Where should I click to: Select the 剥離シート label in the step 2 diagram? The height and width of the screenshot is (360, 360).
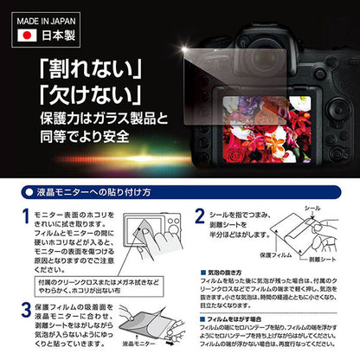point(326,257)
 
